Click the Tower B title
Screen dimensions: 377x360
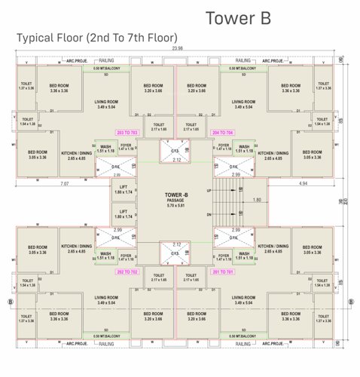pyautogui.click(x=237, y=17)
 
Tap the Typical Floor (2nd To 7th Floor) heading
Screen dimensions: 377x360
pyautogui.click(x=96, y=37)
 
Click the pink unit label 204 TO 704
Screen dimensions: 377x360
pyautogui.click(x=224, y=131)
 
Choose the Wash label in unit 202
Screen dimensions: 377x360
pyautogui.click(x=106, y=254)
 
